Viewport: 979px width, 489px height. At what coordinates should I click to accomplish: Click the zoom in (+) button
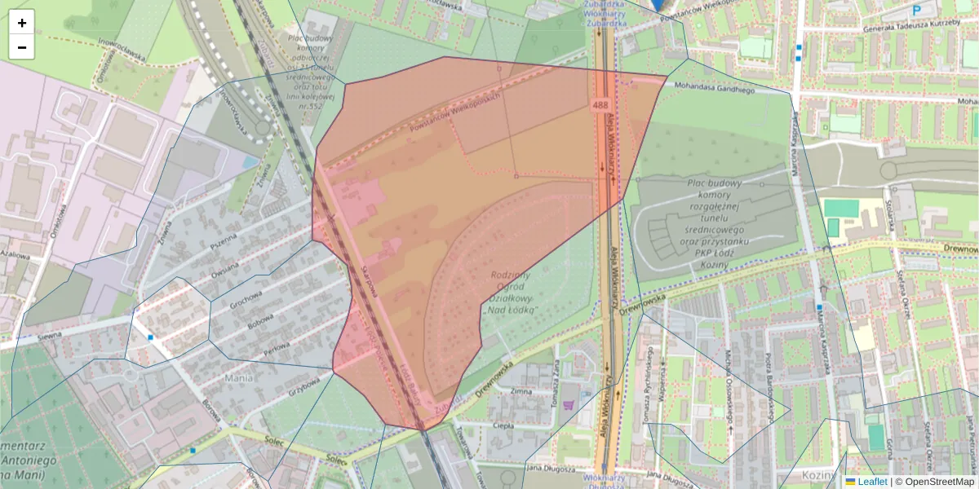tap(22, 23)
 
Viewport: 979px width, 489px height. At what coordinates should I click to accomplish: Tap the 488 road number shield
tap(600, 105)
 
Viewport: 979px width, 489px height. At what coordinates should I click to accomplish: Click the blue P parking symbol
tap(916, 11)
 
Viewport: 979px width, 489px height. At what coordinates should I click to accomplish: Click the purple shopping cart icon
tap(569, 404)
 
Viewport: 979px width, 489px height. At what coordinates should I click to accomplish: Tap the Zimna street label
tap(520, 392)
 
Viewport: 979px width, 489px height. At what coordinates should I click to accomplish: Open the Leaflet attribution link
tap(872, 482)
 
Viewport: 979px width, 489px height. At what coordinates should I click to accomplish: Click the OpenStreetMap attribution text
tap(938, 482)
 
